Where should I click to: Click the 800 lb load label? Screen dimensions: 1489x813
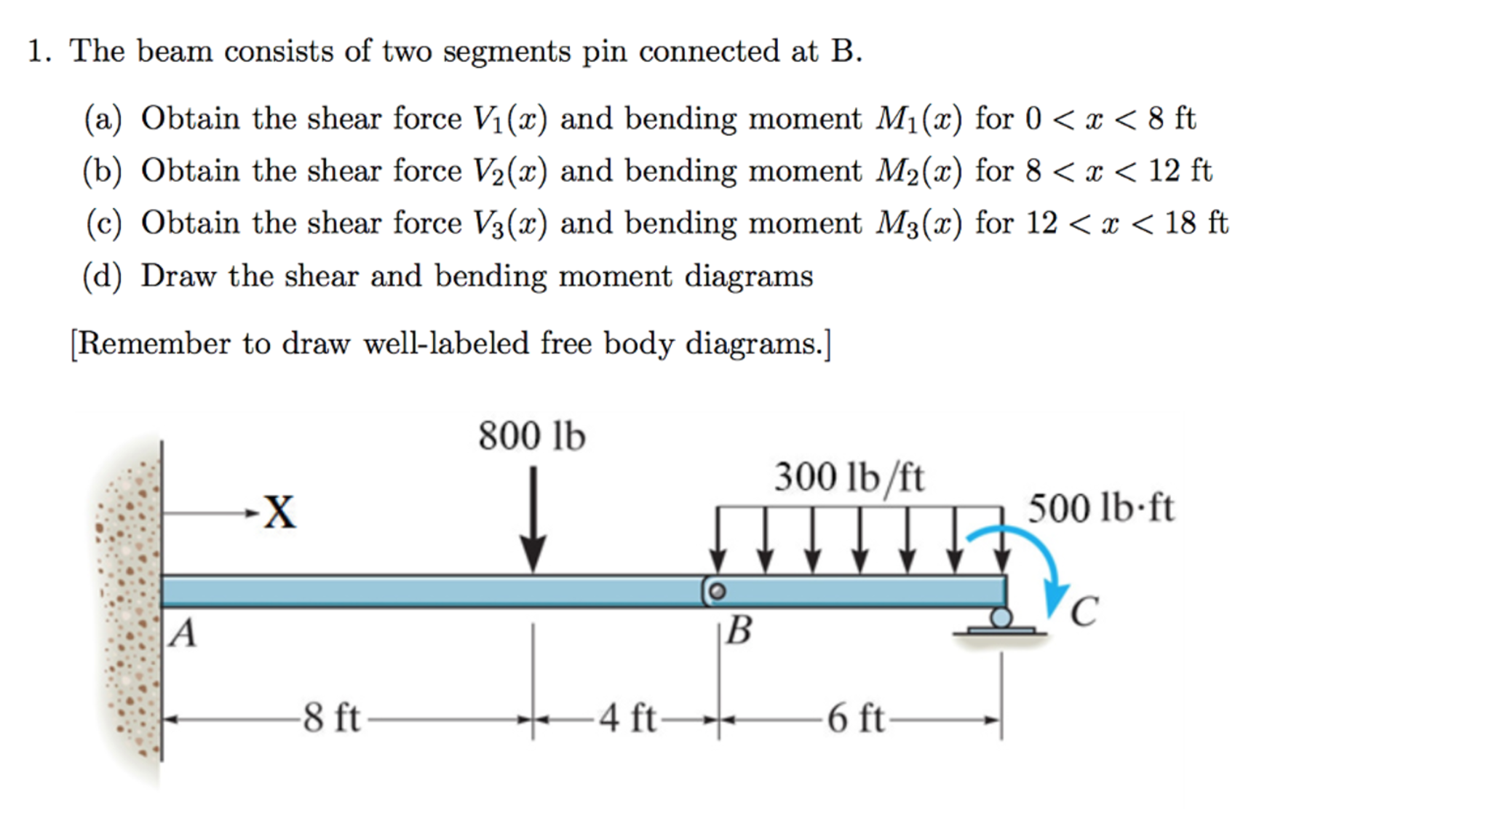click(x=531, y=436)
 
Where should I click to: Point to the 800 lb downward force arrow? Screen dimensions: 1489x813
click(x=533, y=520)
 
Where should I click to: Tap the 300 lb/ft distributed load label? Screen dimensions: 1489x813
click(x=849, y=478)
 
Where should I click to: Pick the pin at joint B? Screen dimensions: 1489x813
click(x=717, y=591)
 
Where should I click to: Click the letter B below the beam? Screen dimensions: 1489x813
click(x=739, y=630)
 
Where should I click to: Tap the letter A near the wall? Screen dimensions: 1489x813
click(x=183, y=632)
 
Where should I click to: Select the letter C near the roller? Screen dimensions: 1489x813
click(x=1084, y=611)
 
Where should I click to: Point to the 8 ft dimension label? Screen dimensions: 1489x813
click(x=331, y=718)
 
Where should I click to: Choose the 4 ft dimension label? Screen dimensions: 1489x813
click(x=627, y=718)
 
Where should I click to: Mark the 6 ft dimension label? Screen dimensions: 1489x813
click(x=855, y=718)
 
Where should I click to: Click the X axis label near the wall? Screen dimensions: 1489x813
click(x=279, y=512)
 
